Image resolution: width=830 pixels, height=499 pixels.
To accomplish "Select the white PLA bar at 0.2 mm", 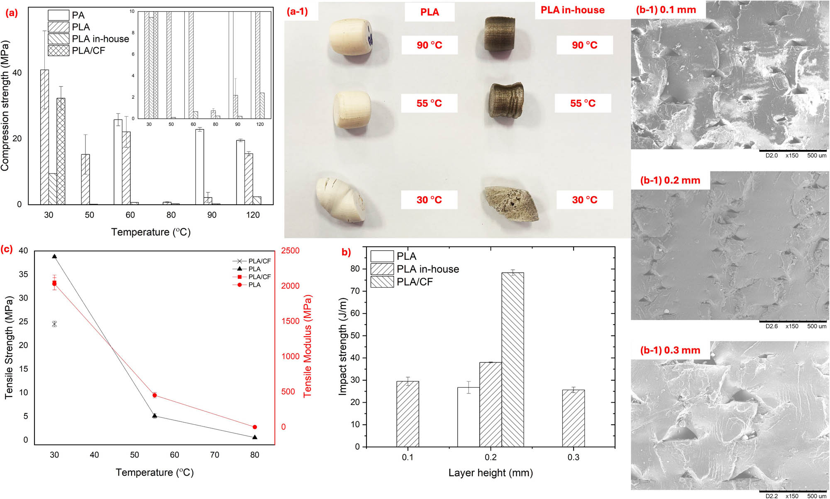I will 468,417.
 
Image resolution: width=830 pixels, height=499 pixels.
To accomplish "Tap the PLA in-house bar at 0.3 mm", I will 573,418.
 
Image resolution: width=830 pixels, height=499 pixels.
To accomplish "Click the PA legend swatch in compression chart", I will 58,15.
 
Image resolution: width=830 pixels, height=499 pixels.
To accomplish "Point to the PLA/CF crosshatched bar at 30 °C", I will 61,151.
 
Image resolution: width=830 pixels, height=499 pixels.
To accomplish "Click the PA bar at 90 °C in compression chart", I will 200,167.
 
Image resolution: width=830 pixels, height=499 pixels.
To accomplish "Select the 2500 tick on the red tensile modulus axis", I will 290,251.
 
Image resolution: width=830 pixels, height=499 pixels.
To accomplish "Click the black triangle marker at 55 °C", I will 155,416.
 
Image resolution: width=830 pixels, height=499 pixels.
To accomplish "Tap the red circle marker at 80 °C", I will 255,427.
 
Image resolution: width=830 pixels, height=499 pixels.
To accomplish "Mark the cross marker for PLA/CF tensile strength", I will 54,324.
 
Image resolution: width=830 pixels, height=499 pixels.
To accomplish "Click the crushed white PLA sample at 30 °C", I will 341,200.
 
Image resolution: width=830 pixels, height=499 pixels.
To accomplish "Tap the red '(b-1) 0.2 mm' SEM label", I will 670,181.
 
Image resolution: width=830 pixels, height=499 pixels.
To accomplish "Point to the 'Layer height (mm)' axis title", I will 491,473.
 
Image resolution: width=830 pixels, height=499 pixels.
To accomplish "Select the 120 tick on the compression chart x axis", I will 253,215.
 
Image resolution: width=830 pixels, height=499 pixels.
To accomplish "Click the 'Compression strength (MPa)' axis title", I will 5,106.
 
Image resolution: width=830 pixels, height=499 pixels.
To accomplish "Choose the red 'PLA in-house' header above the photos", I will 572,10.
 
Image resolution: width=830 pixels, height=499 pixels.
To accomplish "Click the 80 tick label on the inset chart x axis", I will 215,124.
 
